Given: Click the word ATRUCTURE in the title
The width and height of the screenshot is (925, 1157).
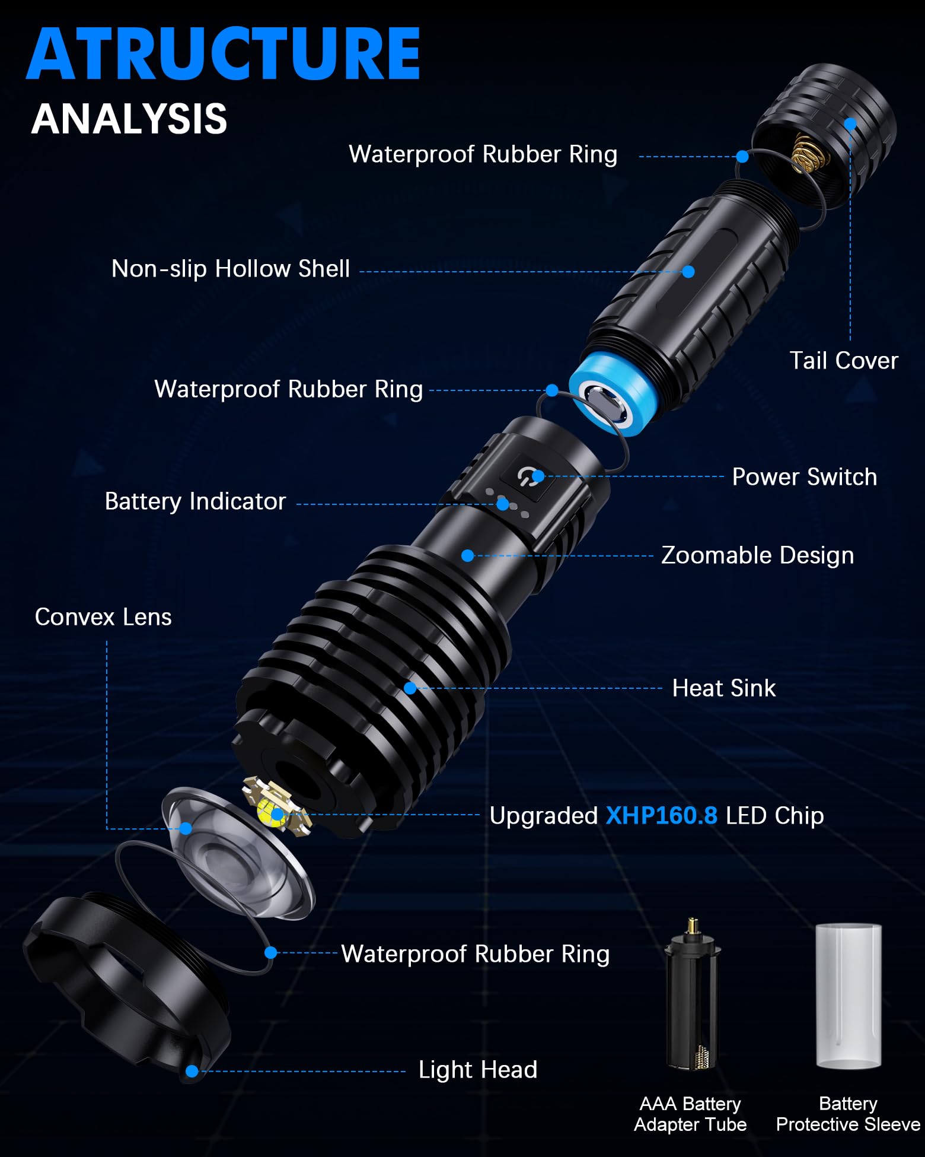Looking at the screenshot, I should (x=223, y=55).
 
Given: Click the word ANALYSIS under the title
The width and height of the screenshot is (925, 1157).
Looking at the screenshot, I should (x=129, y=119).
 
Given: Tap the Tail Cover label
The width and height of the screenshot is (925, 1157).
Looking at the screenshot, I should (x=843, y=361).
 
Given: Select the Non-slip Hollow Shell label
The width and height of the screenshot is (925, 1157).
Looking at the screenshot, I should (x=231, y=269).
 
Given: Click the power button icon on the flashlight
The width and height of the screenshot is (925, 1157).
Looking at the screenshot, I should (x=527, y=476).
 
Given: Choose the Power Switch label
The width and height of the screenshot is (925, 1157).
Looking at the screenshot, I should (x=804, y=477).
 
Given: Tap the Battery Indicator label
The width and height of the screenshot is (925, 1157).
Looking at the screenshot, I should (x=195, y=501).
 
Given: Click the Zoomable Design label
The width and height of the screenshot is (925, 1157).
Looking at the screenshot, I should (x=757, y=555).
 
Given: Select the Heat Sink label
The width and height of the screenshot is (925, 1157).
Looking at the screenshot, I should (x=723, y=688).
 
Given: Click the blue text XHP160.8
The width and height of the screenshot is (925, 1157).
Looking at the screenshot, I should (x=661, y=816).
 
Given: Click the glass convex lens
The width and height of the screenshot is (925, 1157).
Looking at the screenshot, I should (x=237, y=854).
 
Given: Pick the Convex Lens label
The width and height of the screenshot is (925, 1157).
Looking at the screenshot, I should (x=103, y=617).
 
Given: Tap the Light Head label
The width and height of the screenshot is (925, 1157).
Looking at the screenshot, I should (x=477, y=1070).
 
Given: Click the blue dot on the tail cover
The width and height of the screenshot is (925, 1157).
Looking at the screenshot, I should (x=850, y=124).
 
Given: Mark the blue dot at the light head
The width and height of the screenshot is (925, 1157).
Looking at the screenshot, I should (x=192, y=1071).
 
